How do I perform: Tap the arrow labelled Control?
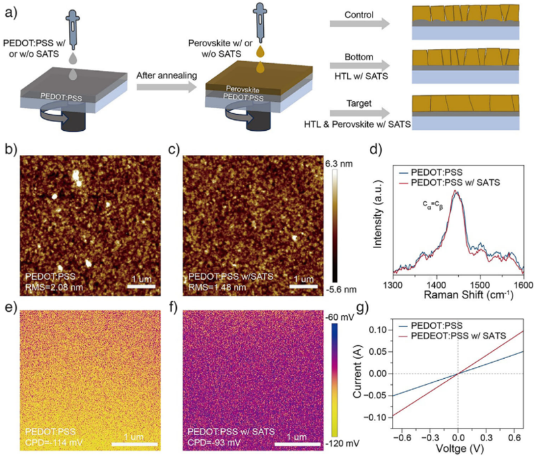(358, 24)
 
